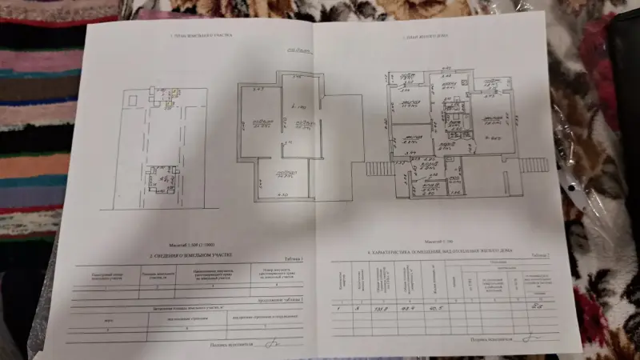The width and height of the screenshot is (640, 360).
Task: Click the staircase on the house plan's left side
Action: (377, 168)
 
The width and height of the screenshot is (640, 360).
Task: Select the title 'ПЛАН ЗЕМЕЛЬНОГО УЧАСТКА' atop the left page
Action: (200, 37)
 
